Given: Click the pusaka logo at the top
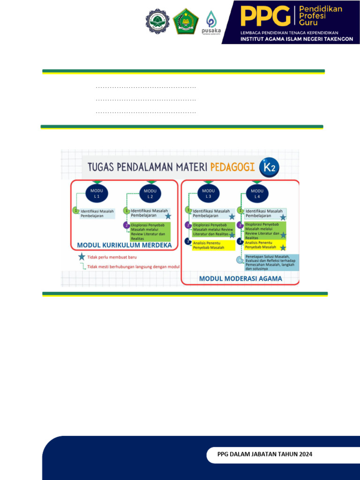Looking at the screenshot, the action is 211,22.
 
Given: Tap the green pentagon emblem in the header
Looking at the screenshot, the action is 186,21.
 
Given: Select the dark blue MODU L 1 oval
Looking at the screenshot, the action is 97,193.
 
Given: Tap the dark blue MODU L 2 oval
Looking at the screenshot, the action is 150,193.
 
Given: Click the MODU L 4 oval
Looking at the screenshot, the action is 257,193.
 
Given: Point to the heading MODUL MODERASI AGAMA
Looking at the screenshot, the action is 240,278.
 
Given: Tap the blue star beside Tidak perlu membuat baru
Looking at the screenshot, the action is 82,257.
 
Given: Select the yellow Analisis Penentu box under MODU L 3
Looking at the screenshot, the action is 213,245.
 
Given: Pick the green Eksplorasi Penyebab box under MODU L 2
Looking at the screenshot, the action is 150,231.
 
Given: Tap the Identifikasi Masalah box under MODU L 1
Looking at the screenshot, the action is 97,214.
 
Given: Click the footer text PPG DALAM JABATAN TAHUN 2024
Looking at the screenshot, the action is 265,454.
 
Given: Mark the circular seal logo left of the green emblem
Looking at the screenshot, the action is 157,21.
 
